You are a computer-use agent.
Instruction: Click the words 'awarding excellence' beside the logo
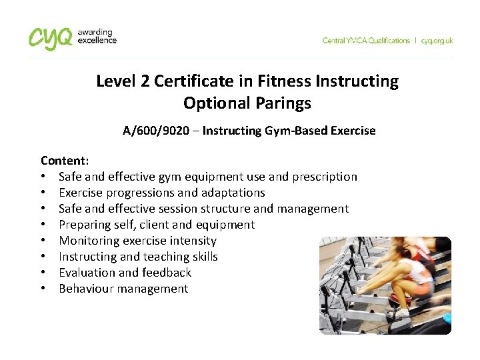97,36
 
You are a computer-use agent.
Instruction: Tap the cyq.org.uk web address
437,41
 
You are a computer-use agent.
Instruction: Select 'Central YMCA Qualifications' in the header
366,41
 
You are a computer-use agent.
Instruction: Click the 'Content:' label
64,161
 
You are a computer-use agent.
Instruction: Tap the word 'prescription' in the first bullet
325,177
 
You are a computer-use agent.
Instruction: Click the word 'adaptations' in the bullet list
233,193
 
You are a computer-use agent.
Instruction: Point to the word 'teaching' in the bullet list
157,257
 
